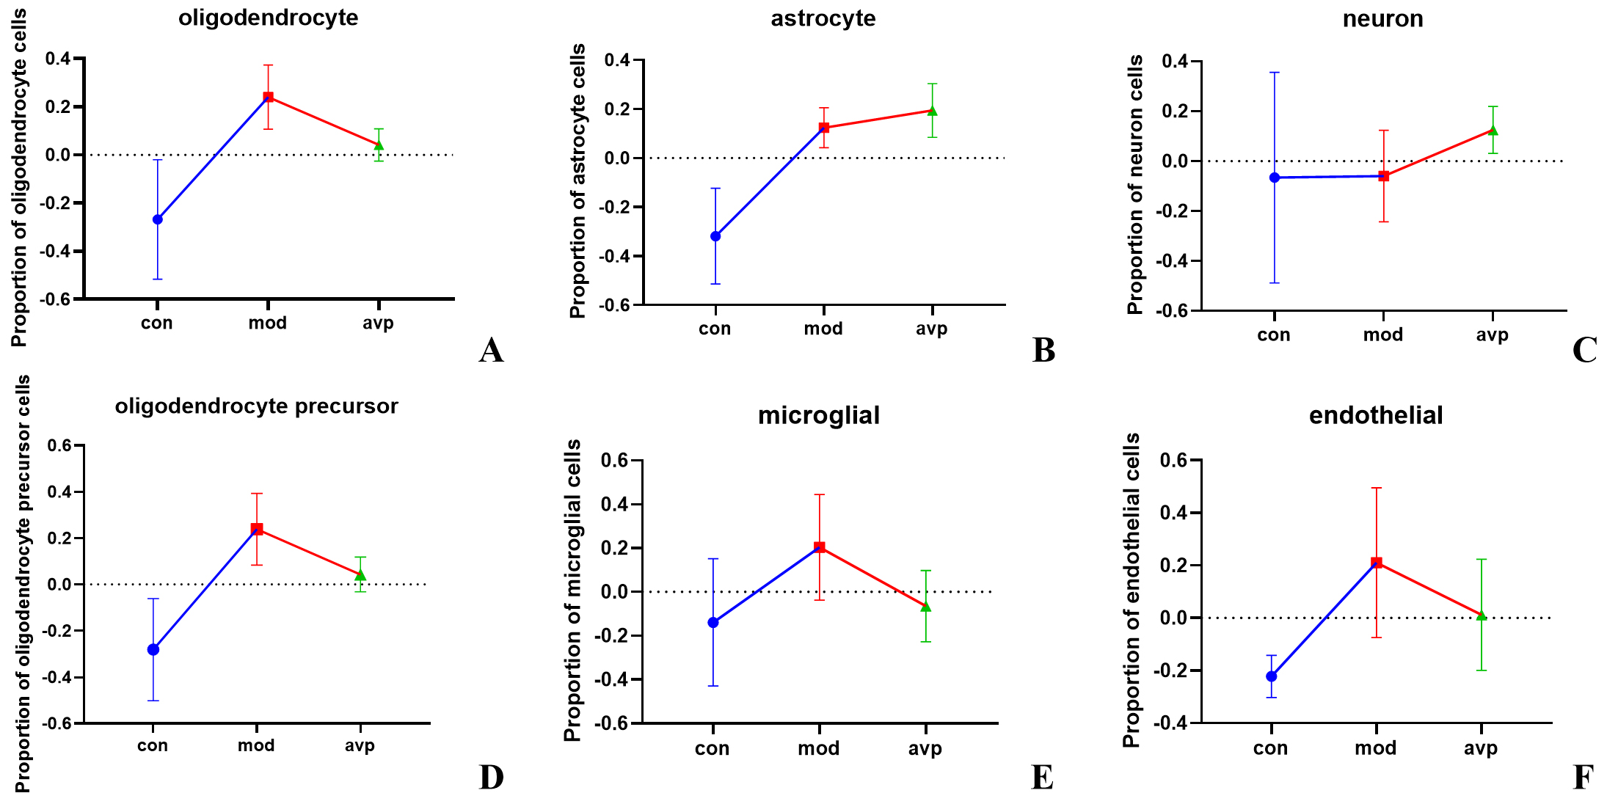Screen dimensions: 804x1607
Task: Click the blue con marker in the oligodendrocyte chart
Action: (x=158, y=219)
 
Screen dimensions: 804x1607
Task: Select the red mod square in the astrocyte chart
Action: (x=824, y=128)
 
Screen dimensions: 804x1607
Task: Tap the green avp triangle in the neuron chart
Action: (x=1493, y=131)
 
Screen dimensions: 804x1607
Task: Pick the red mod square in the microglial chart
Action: (x=820, y=547)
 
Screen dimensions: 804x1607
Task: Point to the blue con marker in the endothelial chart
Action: (x=1272, y=676)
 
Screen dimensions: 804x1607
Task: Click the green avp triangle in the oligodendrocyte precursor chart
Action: (x=360, y=575)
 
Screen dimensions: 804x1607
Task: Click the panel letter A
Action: (x=491, y=351)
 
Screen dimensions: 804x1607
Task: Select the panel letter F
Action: (x=1583, y=778)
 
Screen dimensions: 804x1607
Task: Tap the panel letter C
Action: (x=1584, y=351)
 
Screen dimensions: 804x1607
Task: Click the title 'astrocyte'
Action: (x=823, y=18)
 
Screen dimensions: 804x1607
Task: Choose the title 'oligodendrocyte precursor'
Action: (x=256, y=406)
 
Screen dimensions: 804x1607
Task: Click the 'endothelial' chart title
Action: (x=1375, y=415)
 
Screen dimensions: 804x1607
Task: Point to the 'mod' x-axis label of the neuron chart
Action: (x=1382, y=335)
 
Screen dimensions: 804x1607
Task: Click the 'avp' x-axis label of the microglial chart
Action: (x=925, y=749)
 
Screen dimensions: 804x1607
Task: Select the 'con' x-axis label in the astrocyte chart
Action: (x=715, y=329)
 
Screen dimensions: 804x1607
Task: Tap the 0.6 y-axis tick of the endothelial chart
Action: (x=1174, y=461)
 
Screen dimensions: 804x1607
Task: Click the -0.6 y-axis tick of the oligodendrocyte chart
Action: (x=58, y=299)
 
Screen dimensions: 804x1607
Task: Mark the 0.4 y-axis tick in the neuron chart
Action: (x=1176, y=62)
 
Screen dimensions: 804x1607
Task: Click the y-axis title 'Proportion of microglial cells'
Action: (x=572, y=591)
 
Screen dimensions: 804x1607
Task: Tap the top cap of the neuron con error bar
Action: (x=1275, y=73)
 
